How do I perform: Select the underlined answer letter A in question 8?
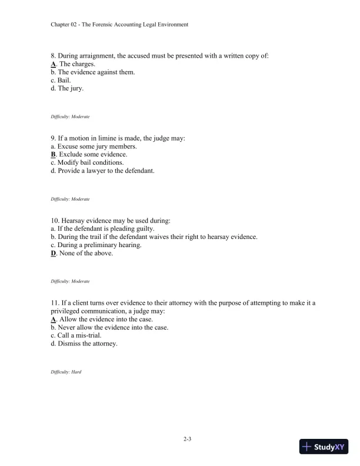54,64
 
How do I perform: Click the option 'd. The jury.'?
67,89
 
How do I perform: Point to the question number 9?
54,138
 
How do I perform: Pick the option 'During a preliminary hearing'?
99,245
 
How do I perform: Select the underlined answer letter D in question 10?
54,254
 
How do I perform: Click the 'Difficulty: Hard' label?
66,372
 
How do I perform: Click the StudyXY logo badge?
325,447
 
